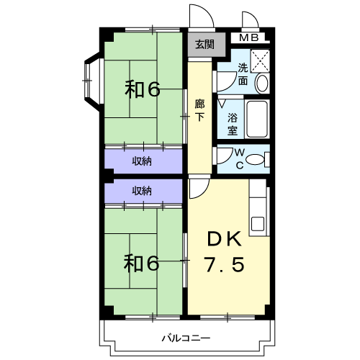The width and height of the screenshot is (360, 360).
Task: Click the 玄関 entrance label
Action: click(204, 45)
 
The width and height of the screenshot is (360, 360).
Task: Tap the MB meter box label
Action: click(249, 38)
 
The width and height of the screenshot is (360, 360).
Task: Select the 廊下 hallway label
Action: click(199, 110)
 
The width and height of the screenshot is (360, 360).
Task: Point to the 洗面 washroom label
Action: click(243, 74)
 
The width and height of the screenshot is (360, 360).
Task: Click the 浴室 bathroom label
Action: click(233, 124)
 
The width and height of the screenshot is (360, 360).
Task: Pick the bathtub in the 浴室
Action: click(257, 120)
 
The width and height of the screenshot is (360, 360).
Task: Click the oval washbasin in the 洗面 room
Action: click(261, 84)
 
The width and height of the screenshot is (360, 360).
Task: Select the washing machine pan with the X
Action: click(260, 60)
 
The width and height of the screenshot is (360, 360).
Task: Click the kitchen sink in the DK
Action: click(258, 224)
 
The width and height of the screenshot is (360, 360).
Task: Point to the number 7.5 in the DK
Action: click(224, 264)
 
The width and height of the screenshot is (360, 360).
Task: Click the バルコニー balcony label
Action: click(186, 338)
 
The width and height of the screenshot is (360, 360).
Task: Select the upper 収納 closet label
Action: click(142, 161)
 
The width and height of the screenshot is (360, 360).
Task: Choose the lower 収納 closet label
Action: click(142, 191)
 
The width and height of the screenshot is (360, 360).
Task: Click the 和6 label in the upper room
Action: click(143, 90)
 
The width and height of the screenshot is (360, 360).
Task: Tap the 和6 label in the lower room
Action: click(142, 264)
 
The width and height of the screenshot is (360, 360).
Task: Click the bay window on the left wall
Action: click(88, 81)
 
